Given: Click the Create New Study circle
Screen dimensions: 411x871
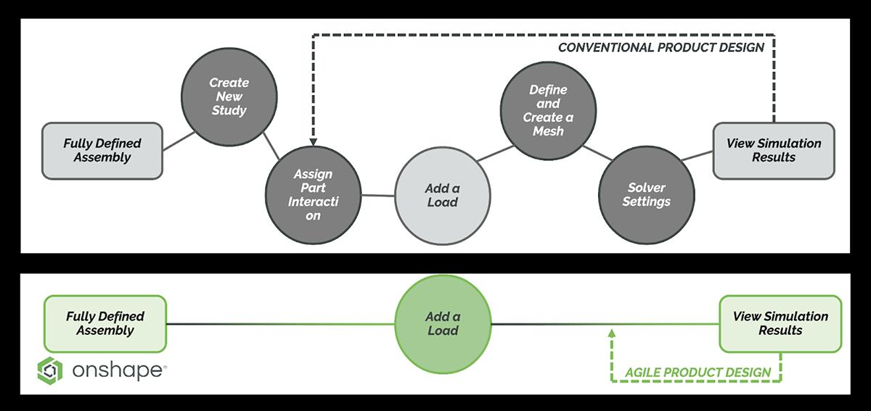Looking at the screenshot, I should tap(228, 97).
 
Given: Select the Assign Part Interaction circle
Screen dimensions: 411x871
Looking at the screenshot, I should tap(313, 194).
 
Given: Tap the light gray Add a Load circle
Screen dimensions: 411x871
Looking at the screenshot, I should tap(441, 196).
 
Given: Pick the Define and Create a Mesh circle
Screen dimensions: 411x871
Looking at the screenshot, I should tap(548, 109).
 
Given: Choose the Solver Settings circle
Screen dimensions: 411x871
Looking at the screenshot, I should tap(645, 195).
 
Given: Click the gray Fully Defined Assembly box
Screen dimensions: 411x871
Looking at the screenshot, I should tap(102, 151).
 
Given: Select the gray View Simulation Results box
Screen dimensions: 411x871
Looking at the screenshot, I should tap(773, 151).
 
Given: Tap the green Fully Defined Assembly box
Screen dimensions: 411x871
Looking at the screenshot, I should tap(105, 323).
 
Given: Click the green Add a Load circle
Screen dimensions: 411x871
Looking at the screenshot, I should tap(442, 323).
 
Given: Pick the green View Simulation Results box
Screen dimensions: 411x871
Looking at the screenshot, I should tap(780, 323).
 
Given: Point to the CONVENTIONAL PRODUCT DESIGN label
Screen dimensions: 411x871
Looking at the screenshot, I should tap(661, 48).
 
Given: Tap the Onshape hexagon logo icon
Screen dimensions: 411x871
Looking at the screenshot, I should tap(50, 370).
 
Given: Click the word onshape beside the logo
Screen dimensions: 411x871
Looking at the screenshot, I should tap(119, 371).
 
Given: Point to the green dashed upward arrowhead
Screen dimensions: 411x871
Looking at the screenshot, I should tap(611, 333).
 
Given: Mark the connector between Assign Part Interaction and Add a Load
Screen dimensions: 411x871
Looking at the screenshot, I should tap(377, 195).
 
